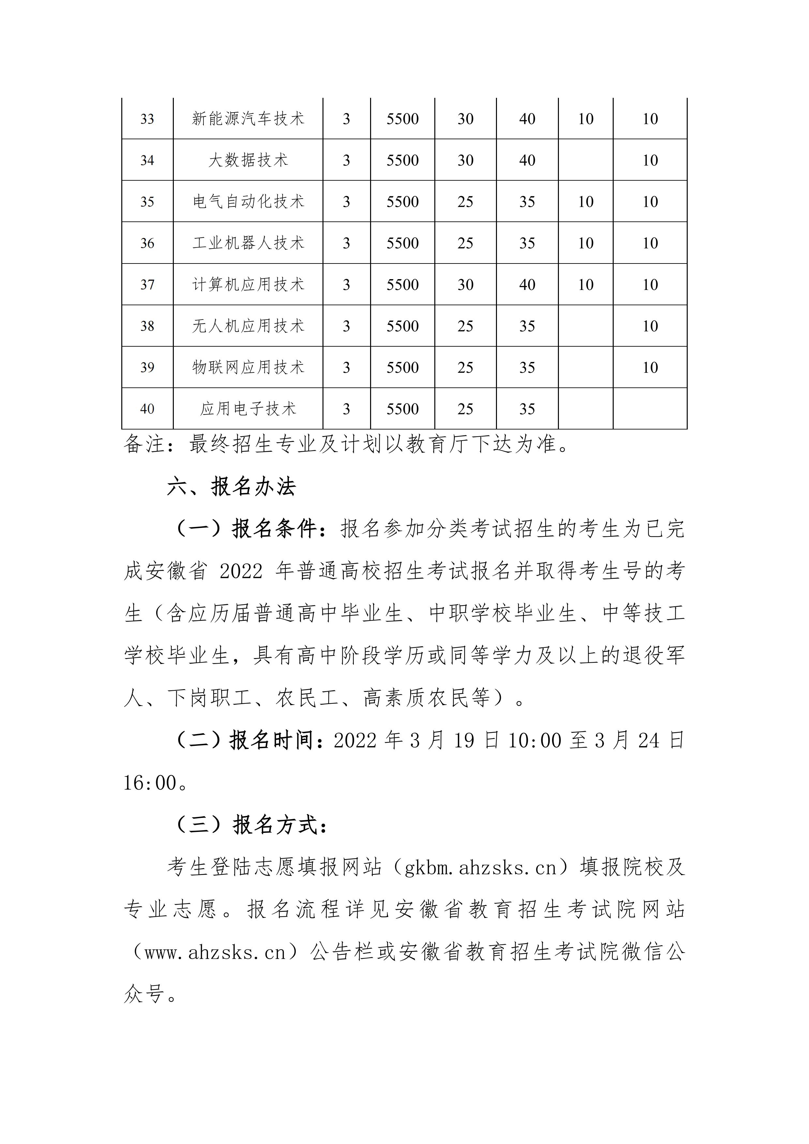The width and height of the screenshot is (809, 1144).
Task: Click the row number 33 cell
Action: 147,119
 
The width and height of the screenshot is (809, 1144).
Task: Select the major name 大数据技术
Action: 248,160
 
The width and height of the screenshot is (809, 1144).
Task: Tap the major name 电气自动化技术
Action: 248,202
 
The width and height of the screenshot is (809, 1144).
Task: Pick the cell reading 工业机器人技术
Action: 248,243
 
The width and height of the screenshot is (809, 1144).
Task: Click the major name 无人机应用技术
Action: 248,326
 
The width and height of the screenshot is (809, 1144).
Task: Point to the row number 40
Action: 147,409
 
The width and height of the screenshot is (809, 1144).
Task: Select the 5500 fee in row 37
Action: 402,284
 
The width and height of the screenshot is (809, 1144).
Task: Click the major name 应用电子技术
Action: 248,409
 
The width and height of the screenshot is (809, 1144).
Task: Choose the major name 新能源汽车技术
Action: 248,119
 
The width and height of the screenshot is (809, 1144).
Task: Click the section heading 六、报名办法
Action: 231,487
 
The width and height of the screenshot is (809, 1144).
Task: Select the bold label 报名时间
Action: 272,740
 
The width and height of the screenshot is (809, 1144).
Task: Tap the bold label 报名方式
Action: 275,825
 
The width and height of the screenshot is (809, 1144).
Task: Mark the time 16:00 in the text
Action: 149,783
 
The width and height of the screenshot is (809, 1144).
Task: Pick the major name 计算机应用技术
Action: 248,284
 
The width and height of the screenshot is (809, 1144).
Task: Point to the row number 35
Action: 147,202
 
